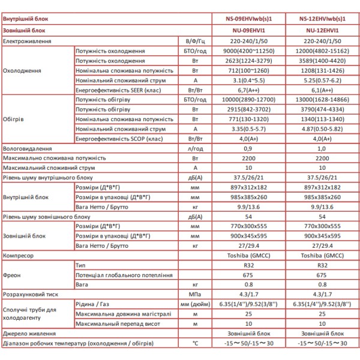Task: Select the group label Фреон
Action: (x=13, y=275)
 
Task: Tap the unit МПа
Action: (x=194, y=295)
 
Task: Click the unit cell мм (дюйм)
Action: (x=194, y=305)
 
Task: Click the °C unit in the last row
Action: (x=194, y=344)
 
